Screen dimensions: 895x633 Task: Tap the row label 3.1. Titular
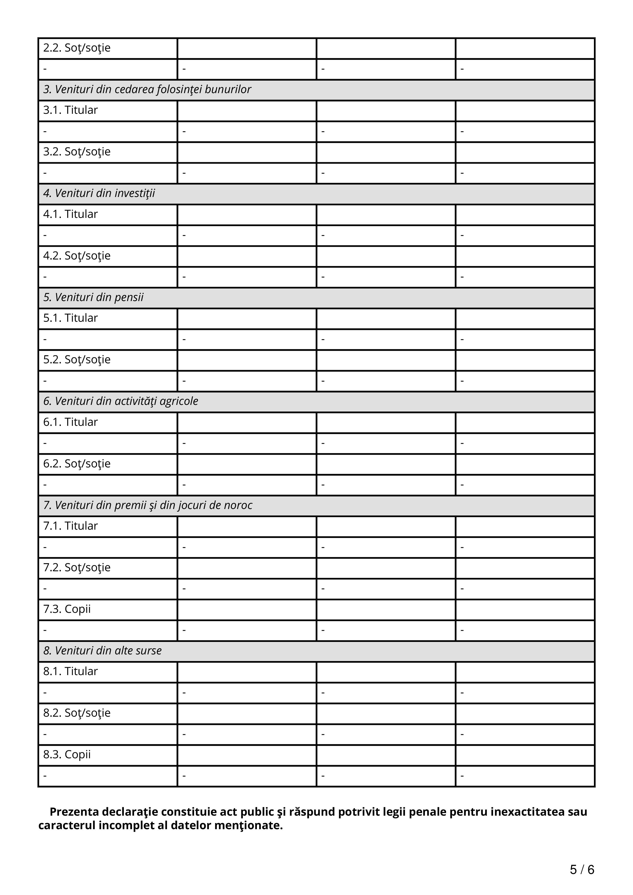(x=70, y=110)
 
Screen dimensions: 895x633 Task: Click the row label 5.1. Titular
(x=70, y=318)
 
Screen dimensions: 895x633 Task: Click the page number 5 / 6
(x=582, y=870)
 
